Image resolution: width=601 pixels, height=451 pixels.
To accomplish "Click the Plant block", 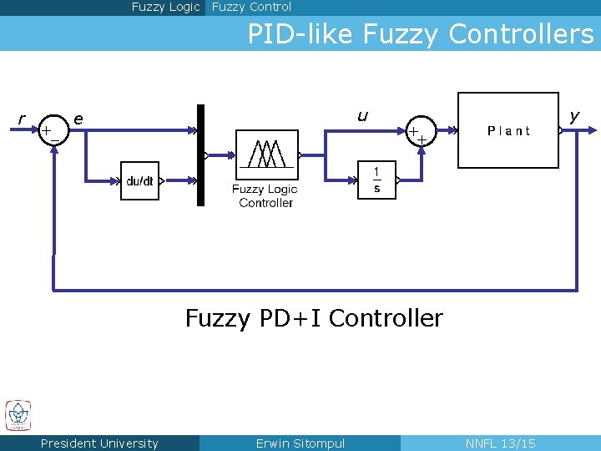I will click(508, 130).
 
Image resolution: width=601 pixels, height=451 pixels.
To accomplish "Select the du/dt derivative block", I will click(139, 181).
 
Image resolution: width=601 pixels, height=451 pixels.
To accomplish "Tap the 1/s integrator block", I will click(376, 180).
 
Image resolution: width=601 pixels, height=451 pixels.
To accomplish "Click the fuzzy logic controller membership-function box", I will click(266, 155).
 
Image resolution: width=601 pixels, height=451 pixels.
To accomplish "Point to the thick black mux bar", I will click(200, 155).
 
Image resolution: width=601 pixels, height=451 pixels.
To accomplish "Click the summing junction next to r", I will click(52, 130).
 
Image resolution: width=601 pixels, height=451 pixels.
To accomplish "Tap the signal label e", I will click(78, 119).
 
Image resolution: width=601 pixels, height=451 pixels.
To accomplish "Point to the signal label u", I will click(362, 116).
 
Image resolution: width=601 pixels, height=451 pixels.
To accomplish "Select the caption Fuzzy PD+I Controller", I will click(314, 318).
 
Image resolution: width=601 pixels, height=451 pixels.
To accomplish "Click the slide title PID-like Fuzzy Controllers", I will click(420, 34).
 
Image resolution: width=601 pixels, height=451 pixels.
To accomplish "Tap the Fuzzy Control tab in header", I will click(251, 7).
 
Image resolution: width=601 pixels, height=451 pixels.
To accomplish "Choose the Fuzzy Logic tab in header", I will click(165, 7).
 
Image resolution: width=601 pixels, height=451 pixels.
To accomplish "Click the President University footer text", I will click(99, 443).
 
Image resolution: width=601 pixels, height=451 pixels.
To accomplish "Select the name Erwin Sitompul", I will click(300, 443).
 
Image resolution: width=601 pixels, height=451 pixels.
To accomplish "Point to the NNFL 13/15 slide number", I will click(500, 443).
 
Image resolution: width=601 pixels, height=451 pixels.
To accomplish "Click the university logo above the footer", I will click(18, 415).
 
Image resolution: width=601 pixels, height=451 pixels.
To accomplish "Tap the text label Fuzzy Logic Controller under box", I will click(265, 196).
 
